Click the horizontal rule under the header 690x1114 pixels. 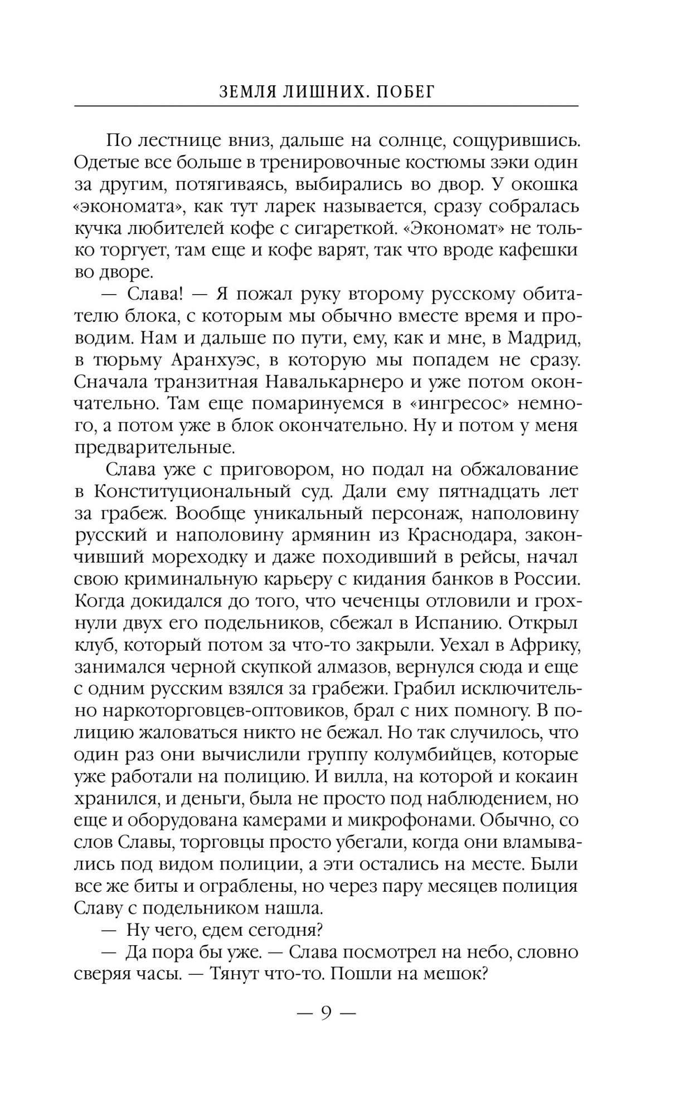click(x=326, y=106)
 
